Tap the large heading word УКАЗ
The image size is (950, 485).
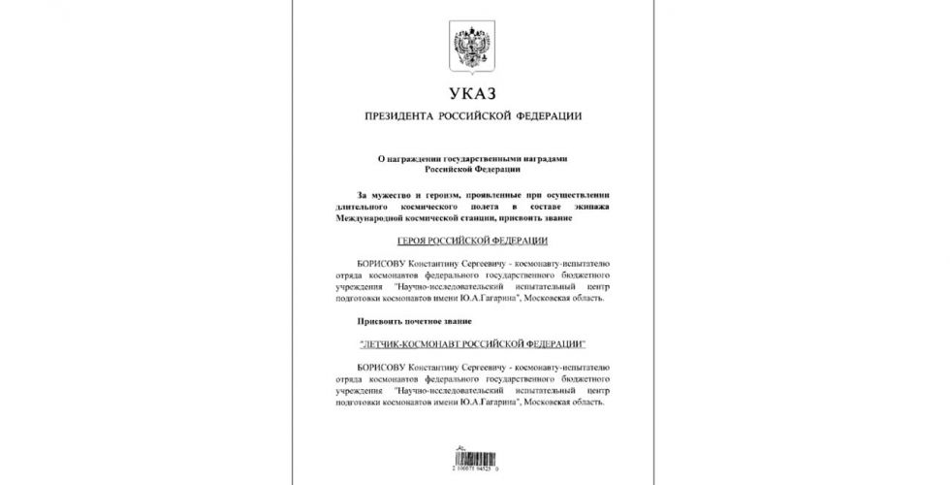pyautogui.click(x=473, y=95)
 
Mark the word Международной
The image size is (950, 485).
pyautogui.click(x=371, y=218)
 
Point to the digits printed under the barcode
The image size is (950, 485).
pyautogui.click(x=473, y=470)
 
